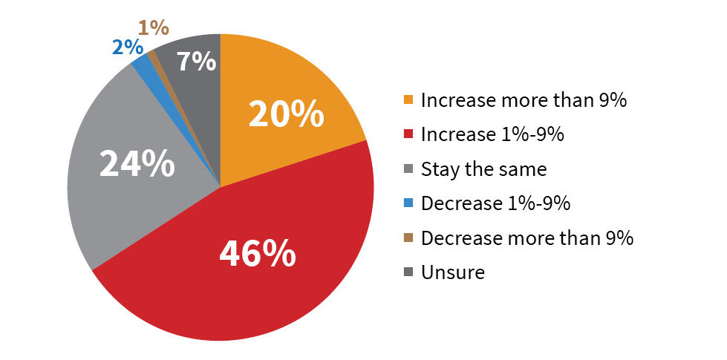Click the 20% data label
click(x=286, y=115)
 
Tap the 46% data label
click(x=258, y=253)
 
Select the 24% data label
click(x=137, y=163)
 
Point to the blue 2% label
click(x=127, y=48)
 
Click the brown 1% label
click(x=154, y=28)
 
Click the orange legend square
click(x=408, y=99)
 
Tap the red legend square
click(x=408, y=134)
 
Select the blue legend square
click(x=408, y=203)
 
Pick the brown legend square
click(x=408, y=238)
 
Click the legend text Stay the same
click(x=483, y=169)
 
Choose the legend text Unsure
click(x=452, y=272)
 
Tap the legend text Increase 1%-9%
click(x=492, y=134)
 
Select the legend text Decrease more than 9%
click(x=527, y=238)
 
